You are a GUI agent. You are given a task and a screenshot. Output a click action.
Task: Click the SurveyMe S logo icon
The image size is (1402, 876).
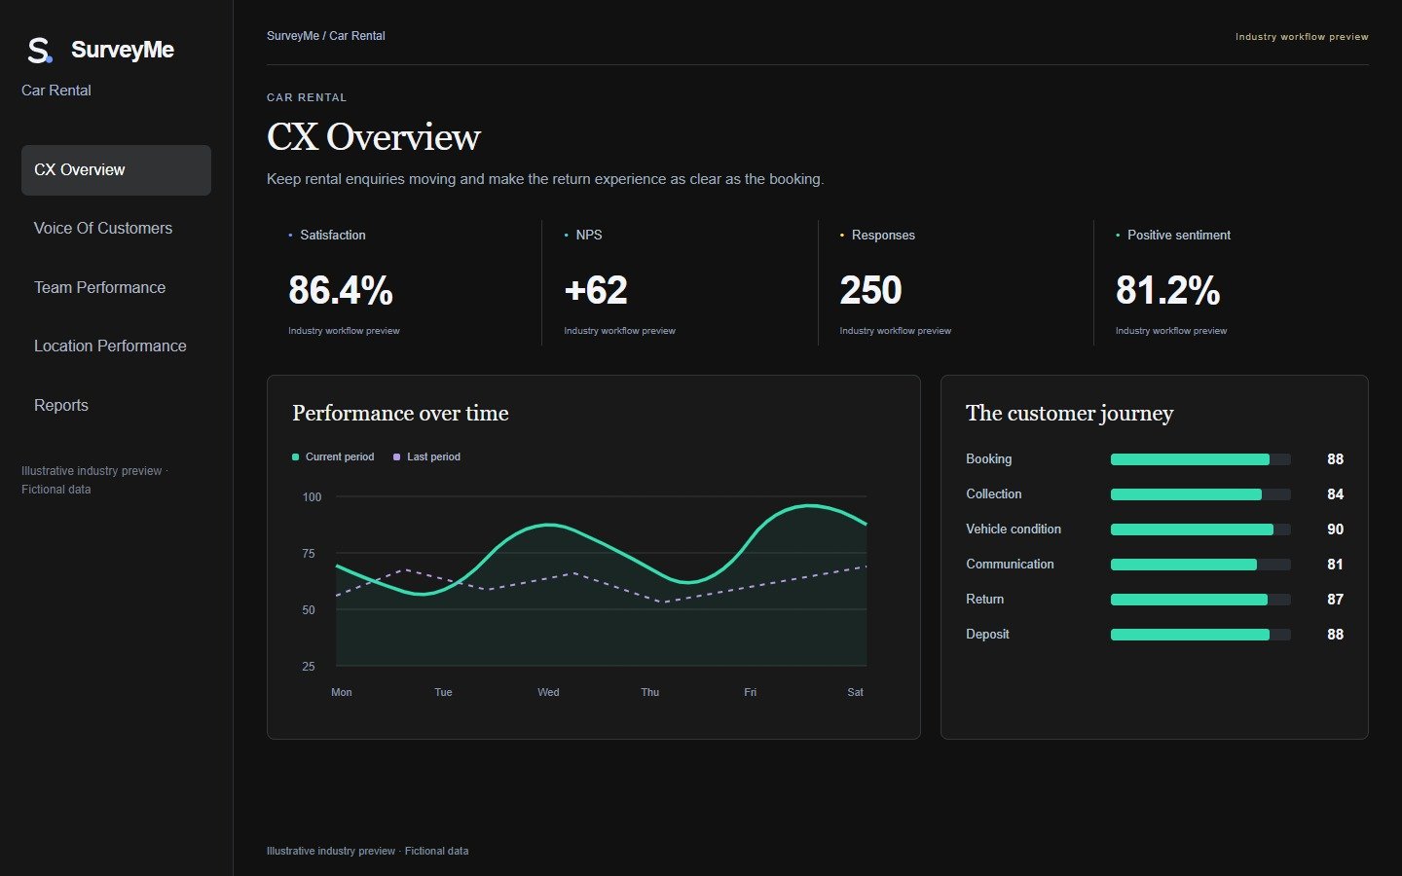click(x=40, y=50)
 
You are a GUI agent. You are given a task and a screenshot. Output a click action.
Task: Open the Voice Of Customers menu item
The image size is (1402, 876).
click(x=103, y=229)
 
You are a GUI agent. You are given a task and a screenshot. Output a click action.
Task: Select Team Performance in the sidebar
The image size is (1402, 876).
click(x=99, y=287)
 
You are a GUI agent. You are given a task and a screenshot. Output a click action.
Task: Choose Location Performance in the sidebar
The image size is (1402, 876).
click(x=110, y=347)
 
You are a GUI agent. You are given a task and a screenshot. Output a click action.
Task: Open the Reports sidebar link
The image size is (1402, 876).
click(x=60, y=405)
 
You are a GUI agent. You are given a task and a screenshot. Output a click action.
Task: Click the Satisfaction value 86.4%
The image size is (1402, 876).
click(x=341, y=290)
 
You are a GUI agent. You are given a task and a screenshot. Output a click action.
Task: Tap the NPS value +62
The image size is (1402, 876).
click(x=595, y=290)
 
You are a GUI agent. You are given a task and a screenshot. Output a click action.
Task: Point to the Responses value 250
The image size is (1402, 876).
click(x=870, y=290)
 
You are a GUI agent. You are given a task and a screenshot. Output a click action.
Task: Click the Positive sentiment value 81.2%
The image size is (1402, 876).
click(x=1168, y=290)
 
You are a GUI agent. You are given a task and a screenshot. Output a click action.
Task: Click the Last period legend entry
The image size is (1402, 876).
click(x=426, y=456)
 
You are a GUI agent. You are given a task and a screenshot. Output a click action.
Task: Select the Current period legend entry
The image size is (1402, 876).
click(x=333, y=456)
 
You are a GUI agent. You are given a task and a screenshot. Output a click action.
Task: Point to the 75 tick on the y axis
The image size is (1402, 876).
click(x=309, y=553)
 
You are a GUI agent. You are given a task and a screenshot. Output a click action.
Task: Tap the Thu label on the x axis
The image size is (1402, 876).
click(x=649, y=692)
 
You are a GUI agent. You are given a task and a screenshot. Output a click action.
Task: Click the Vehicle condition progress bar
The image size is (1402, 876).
click(x=1200, y=529)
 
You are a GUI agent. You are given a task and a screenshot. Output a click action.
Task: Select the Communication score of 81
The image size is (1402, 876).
click(x=1335, y=565)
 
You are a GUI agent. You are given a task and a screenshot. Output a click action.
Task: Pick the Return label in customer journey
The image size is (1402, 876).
click(x=984, y=599)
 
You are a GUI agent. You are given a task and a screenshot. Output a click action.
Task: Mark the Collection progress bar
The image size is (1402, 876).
click(x=1200, y=494)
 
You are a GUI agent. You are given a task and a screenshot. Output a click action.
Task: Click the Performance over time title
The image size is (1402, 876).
click(x=400, y=413)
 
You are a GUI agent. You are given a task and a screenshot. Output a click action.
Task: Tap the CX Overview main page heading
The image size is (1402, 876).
click(x=374, y=136)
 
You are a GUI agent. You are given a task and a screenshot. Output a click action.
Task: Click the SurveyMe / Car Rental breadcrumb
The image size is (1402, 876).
click(x=325, y=36)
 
